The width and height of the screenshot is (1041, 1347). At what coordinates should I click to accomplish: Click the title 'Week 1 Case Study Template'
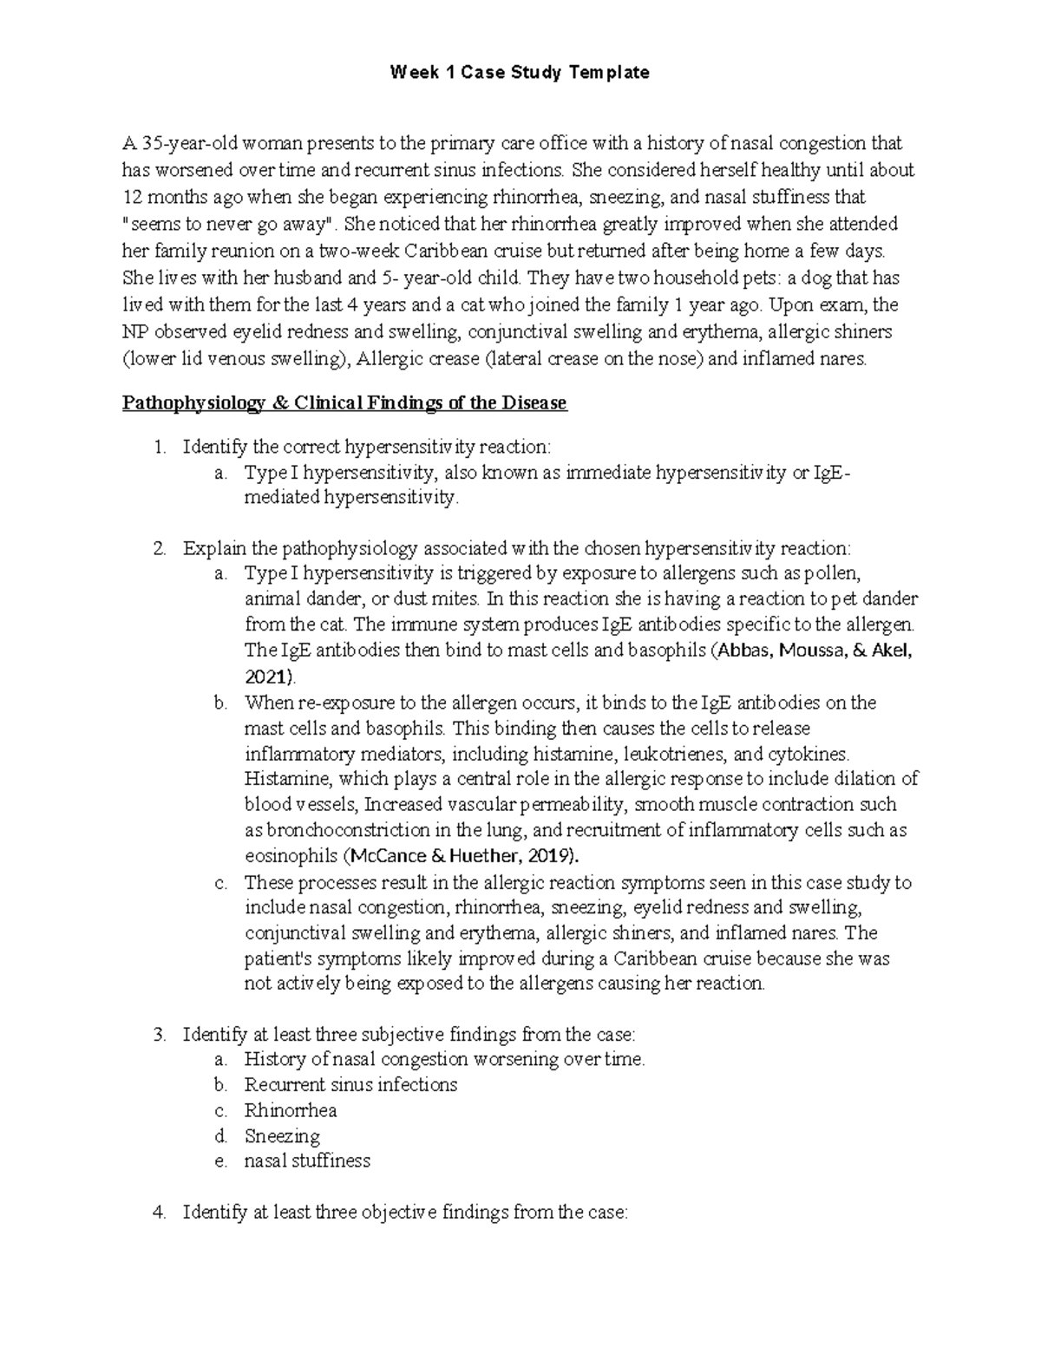point(520,73)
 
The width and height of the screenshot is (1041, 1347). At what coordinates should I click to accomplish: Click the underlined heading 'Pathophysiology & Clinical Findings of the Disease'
point(344,403)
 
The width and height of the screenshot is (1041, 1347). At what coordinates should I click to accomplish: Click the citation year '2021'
point(269,677)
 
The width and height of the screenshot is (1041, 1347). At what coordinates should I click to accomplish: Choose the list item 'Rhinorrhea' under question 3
point(290,1110)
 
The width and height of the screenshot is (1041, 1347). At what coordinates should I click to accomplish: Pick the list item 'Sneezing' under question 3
point(282,1136)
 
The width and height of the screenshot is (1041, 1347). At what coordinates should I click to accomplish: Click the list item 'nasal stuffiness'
point(307,1161)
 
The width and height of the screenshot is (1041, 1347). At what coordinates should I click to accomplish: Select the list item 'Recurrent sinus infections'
point(350,1085)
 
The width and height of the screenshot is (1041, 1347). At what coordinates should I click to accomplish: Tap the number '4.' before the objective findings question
point(159,1213)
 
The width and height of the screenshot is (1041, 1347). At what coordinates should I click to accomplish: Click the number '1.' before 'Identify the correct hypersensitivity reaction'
point(159,447)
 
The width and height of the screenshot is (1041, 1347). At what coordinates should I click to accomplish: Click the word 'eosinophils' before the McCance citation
point(291,856)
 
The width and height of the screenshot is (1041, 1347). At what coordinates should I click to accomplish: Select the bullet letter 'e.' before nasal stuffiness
point(220,1161)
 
